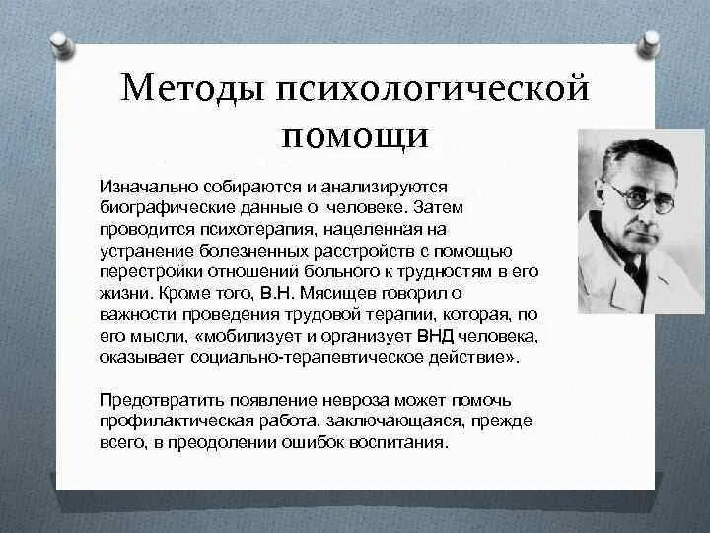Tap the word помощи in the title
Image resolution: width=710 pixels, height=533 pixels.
tap(355, 135)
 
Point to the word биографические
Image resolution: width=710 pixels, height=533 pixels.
tap(158, 208)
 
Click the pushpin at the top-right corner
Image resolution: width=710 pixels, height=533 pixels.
tap(649, 41)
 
